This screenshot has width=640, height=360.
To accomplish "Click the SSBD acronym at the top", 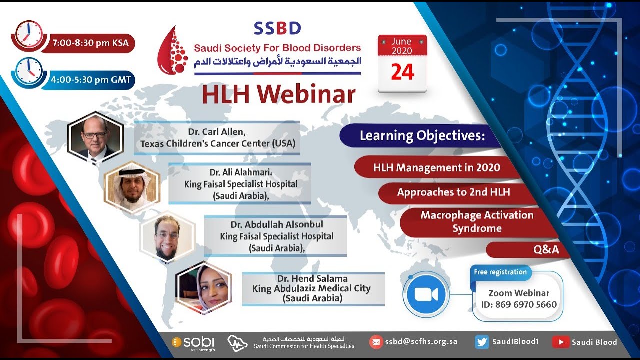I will [x=277, y=28].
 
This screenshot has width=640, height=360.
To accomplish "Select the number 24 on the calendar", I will [x=402, y=72].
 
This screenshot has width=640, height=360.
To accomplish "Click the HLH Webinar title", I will [x=278, y=95].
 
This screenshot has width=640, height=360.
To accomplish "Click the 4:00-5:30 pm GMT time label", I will [x=89, y=79].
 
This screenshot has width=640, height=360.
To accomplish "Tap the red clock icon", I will [x=29, y=34].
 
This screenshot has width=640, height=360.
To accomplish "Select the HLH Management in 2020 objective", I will [x=436, y=167].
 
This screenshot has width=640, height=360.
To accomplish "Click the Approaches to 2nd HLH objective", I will [x=453, y=192].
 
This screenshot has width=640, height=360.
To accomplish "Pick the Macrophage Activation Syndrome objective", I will [x=477, y=222].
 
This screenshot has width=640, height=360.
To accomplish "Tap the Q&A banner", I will [x=546, y=250].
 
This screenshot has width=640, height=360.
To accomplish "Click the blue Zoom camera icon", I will [x=426, y=294].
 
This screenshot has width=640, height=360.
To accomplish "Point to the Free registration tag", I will [x=500, y=272].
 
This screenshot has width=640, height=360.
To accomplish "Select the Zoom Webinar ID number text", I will [x=519, y=304].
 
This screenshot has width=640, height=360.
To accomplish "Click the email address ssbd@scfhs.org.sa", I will [x=421, y=342].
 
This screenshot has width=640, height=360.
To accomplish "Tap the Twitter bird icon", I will [x=482, y=342].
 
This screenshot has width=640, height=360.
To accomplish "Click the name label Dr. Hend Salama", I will [x=313, y=279].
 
